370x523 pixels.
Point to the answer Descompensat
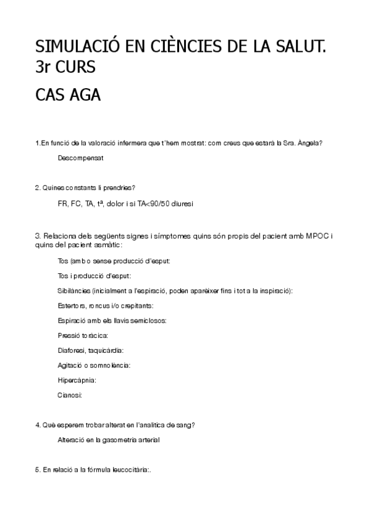coord(80,158)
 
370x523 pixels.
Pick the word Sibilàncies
coord(74,290)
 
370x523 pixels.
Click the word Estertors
coord(71,305)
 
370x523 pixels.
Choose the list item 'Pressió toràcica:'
coord(83,336)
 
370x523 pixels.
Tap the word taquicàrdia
coord(106,350)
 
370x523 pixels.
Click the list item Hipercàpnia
coord(77,380)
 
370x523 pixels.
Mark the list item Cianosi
coord(70,395)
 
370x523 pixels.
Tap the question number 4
coord(38,425)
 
